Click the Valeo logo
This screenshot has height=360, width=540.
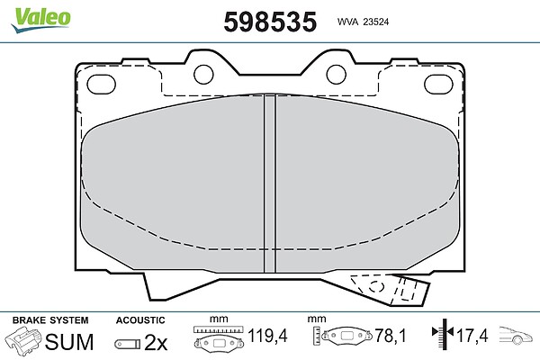click(40, 19)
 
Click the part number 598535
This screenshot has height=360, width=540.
click(270, 22)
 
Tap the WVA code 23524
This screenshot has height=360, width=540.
click(376, 22)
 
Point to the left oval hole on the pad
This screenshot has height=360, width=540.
click(101, 85)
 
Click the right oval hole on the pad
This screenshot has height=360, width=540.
click(438, 85)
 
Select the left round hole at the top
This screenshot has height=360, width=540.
click(203, 75)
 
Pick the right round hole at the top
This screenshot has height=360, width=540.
click(336, 75)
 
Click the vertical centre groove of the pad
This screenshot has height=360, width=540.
click(270, 184)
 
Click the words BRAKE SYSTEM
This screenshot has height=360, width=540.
click(50, 320)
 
